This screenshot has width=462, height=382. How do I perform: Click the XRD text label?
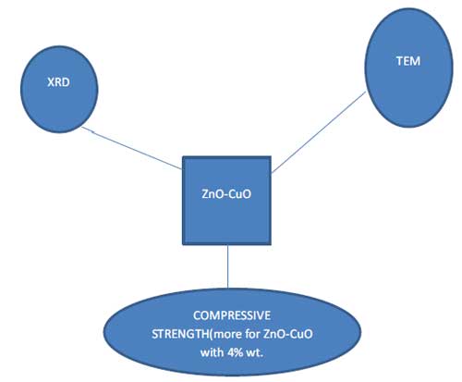pyautogui.click(x=58, y=82)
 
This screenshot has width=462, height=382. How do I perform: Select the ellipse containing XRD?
pyautogui.click(x=59, y=90)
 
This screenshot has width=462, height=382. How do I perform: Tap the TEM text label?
pyautogui.click(x=408, y=61)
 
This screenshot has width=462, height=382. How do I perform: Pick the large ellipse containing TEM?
pyautogui.click(x=409, y=68)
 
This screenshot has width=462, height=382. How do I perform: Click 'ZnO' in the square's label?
pyautogui.click(x=211, y=194)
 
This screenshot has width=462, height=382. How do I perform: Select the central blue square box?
pyautogui.click(x=226, y=201)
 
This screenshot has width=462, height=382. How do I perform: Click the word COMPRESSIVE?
pyautogui.click(x=232, y=315)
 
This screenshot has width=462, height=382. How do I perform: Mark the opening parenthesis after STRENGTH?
pyautogui.click(x=211, y=334)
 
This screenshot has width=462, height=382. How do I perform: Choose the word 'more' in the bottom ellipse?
pyautogui.click(x=227, y=334)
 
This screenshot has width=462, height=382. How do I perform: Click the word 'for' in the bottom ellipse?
pyautogui.click(x=252, y=334)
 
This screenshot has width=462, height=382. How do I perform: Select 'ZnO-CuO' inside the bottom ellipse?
pyautogui.click(x=288, y=334)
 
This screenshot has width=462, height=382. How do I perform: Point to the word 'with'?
pyautogui.click(x=212, y=352)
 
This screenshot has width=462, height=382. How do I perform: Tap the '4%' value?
pyautogui.click(x=236, y=352)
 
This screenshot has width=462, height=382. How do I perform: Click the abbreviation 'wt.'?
pyautogui.click(x=255, y=352)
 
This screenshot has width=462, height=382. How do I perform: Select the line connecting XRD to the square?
pyautogui.click(x=131, y=148)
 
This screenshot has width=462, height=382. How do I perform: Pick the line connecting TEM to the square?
pyautogui.click(x=319, y=131)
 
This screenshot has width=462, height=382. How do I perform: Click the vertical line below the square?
pyautogui.click(x=228, y=266)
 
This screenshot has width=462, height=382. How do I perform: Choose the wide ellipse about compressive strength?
pyautogui.click(x=232, y=332)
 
